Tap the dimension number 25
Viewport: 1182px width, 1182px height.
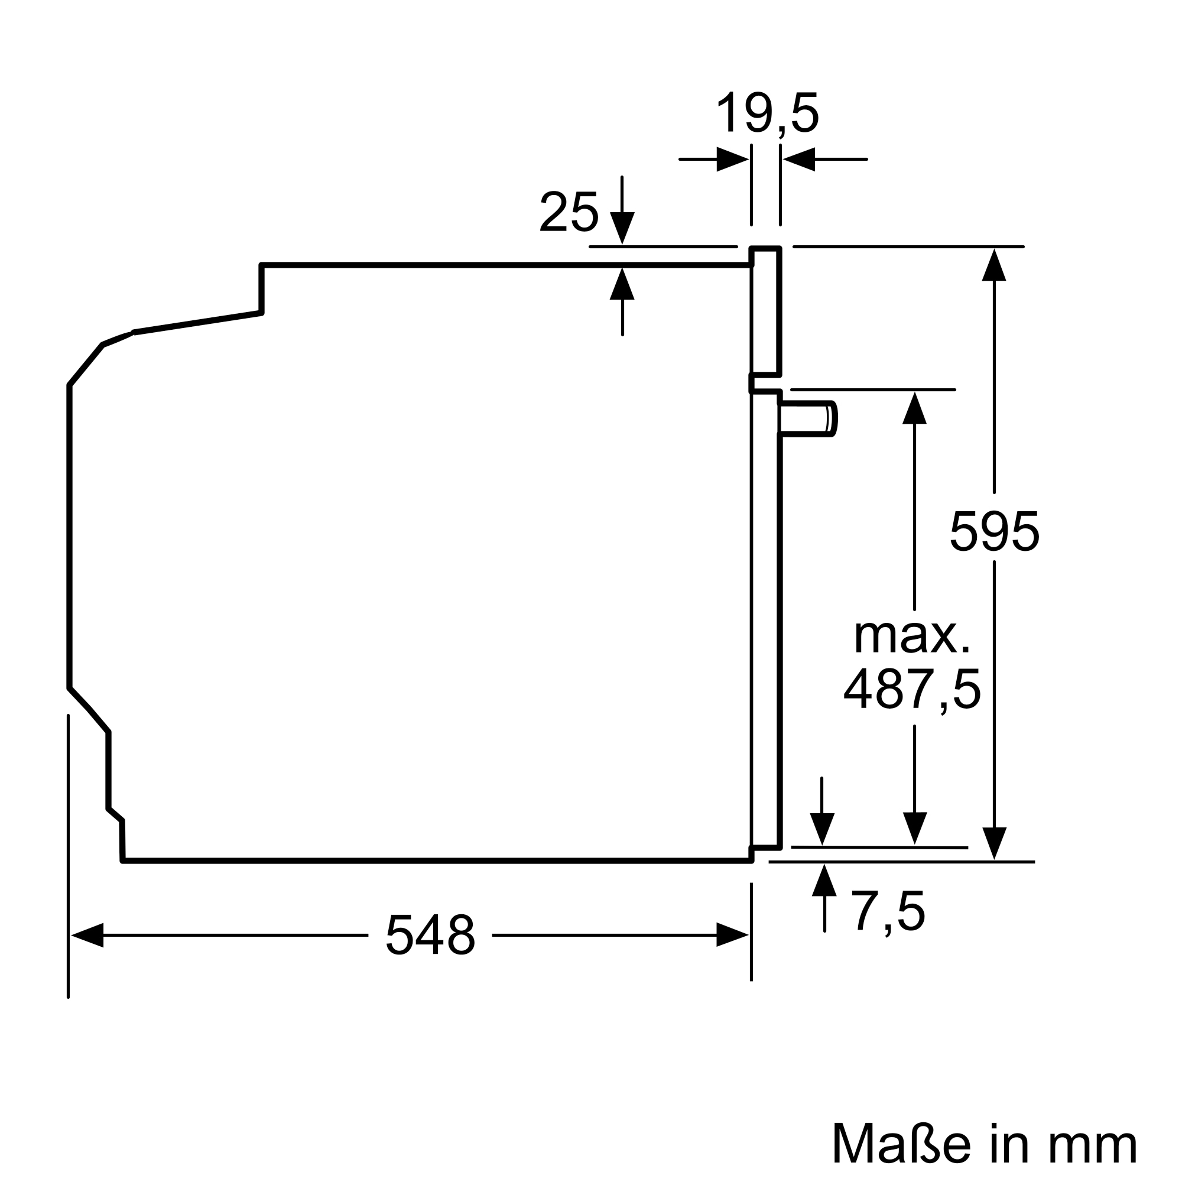pos(569,212)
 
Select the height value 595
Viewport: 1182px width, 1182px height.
pos(994,532)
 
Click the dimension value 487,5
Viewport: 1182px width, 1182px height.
pos(912,689)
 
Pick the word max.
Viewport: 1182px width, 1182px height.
pos(911,637)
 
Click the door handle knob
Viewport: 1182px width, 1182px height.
pos(807,419)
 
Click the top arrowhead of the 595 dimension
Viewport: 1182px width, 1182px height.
pos(994,265)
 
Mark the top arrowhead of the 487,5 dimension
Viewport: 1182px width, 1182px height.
pos(915,408)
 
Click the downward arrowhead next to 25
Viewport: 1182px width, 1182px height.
pos(622,228)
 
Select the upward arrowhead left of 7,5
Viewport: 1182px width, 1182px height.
pos(824,881)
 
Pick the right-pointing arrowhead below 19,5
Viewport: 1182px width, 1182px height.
pos(732,160)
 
